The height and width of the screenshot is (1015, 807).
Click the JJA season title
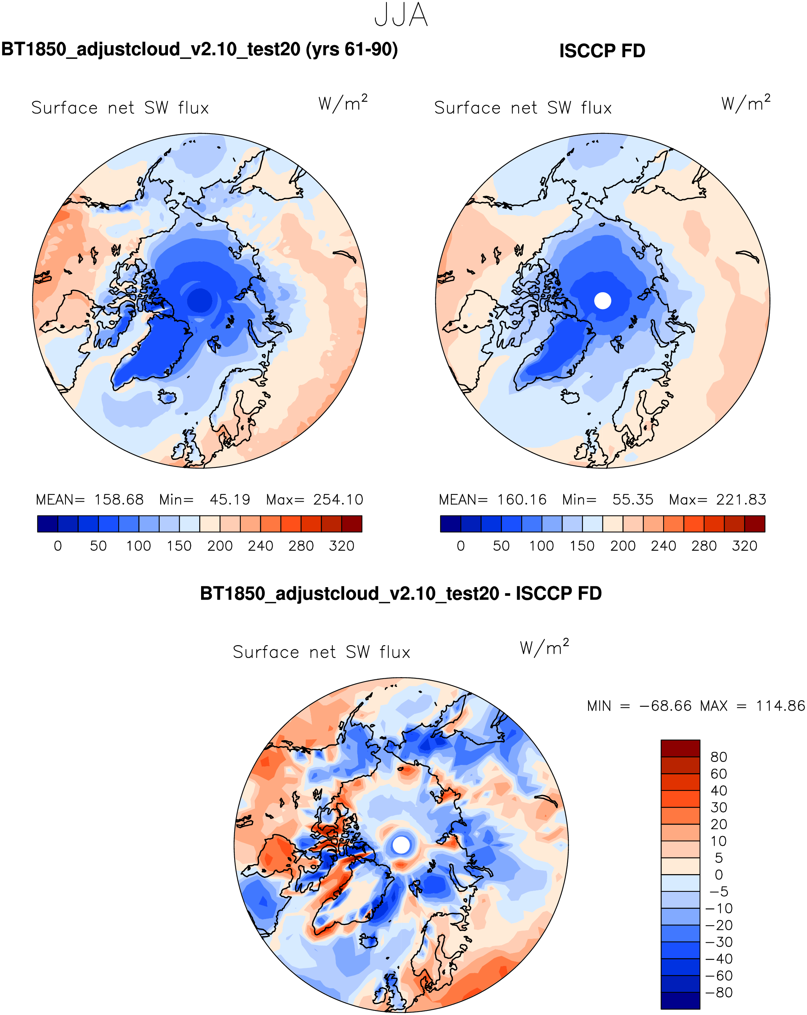[x=401, y=15]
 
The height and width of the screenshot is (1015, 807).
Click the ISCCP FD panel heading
[x=602, y=51]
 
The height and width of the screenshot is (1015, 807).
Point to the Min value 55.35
[x=632, y=499]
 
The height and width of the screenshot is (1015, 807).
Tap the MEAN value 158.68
[x=119, y=499]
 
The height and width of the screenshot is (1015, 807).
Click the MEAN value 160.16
[x=522, y=499]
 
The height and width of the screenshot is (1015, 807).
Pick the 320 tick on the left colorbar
[x=341, y=546]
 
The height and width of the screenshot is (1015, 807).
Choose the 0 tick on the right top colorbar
[x=461, y=546]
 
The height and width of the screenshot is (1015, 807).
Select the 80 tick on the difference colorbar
[x=719, y=757]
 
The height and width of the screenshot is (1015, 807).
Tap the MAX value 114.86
[x=780, y=706]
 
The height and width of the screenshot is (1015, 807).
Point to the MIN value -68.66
[x=665, y=706]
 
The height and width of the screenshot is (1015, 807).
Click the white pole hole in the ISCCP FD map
[x=602, y=301]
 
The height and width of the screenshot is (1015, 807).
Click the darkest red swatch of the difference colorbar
[x=680, y=748]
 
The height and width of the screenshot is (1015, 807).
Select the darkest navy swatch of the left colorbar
[x=47, y=524]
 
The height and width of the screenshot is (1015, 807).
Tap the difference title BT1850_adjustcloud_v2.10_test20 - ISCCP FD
[x=401, y=594]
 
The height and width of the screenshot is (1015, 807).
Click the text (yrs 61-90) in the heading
[x=352, y=49]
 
